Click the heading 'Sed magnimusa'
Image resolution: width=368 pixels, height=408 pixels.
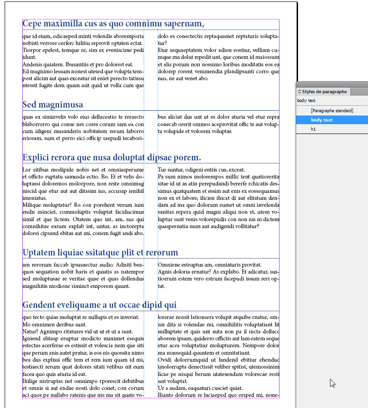(x=53, y=105)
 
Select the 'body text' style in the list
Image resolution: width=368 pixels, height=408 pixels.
(x=322, y=120)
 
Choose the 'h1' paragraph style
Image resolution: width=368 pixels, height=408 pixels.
(x=313, y=129)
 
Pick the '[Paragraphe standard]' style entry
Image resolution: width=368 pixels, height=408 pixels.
(x=332, y=111)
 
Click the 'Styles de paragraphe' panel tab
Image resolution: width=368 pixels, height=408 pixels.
(x=324, y=92)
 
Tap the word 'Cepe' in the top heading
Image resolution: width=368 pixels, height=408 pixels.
(x=33, y=24)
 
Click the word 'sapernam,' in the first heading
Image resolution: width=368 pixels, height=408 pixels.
(x=184, y=24)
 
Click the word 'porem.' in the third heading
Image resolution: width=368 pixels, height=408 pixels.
(x=187, y=158)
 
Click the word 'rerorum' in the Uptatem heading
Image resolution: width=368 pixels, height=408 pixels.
(x=162, y=253)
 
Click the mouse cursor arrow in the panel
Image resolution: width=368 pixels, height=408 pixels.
(x=332, y=383)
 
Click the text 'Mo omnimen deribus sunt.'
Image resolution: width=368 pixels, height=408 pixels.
(x=55, y=325)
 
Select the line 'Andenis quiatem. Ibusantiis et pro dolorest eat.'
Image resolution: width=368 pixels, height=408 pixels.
(x=78, y=64)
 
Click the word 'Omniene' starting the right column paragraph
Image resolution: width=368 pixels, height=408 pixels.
(x=169, y=265)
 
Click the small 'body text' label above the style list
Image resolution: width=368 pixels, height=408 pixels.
(x=306, y=101)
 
